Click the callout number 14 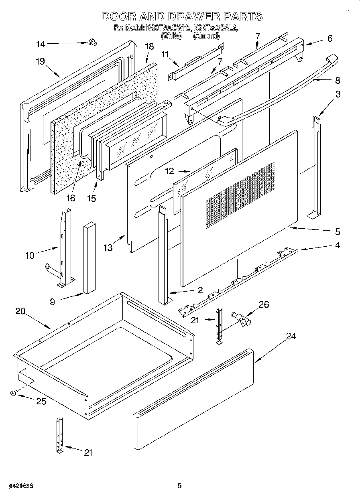[41, 44]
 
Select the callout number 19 [40, 61]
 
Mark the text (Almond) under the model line [206, 36]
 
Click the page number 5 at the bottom [180, 486]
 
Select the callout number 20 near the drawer [21, 311]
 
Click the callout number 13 [108, 248]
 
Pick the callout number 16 [70, 198]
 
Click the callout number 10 [30, 255]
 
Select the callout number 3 [338, 95]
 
